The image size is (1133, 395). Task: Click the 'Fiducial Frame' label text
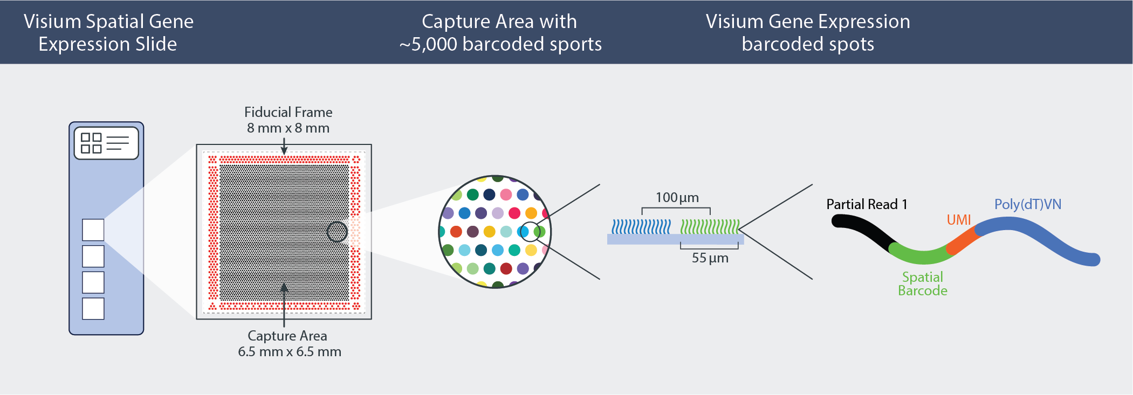(288, 112)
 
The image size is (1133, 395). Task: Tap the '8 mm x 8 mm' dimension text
(288, 128)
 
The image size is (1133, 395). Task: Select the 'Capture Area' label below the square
(287, 336)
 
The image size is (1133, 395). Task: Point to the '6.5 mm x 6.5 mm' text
(290, 352)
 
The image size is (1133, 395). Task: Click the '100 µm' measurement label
(677, 198)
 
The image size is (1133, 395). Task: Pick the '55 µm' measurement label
(710, 258)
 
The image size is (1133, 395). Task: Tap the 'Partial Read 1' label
(867, 204)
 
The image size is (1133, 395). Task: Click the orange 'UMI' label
(958, 220)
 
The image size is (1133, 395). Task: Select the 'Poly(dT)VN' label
(1027, 204)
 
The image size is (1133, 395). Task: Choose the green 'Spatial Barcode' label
(922, 284)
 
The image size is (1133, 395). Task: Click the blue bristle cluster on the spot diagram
(641, 227)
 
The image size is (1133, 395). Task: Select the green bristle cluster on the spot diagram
(709, 227)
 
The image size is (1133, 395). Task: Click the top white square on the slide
(93, 230)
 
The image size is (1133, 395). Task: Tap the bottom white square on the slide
(93, 309)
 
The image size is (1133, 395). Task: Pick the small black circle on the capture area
(337, 232)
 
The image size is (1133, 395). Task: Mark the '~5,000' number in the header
(428, 44)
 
